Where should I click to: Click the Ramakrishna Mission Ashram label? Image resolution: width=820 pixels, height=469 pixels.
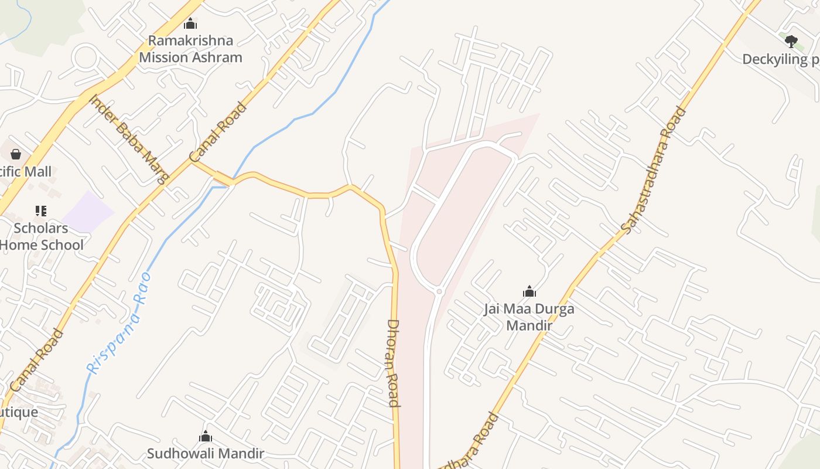tap(190, 49)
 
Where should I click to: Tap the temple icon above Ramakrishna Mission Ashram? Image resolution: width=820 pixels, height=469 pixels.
tap(190, 23)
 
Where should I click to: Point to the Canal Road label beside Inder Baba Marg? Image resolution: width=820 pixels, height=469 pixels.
tap(218, 132)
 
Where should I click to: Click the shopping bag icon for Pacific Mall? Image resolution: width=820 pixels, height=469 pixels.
tap(16, 154)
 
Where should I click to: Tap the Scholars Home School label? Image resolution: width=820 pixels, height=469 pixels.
tap(41, 236)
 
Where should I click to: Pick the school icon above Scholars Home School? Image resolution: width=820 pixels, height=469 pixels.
tap(40, 210)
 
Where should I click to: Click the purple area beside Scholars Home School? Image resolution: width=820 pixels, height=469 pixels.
tap(88, 212)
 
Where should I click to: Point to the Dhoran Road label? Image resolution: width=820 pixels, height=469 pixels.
tap(393, 363)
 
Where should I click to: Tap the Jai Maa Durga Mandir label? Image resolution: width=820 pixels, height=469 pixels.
tap(529, 317)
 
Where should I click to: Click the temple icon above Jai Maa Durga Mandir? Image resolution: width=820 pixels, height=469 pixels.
tap(529, 291)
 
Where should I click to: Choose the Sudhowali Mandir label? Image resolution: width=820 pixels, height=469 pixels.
tap(206, 453)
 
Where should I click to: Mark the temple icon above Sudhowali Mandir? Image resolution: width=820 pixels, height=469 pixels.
tap(205, 436)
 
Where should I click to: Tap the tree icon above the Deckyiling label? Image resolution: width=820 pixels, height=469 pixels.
tap(791, 42)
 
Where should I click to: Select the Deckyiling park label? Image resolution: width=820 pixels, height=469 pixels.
tap(781, 59)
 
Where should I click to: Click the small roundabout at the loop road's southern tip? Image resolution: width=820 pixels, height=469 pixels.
tap(439, 291)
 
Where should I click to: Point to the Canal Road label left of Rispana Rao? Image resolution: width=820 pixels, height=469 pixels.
tap(36, 361)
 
